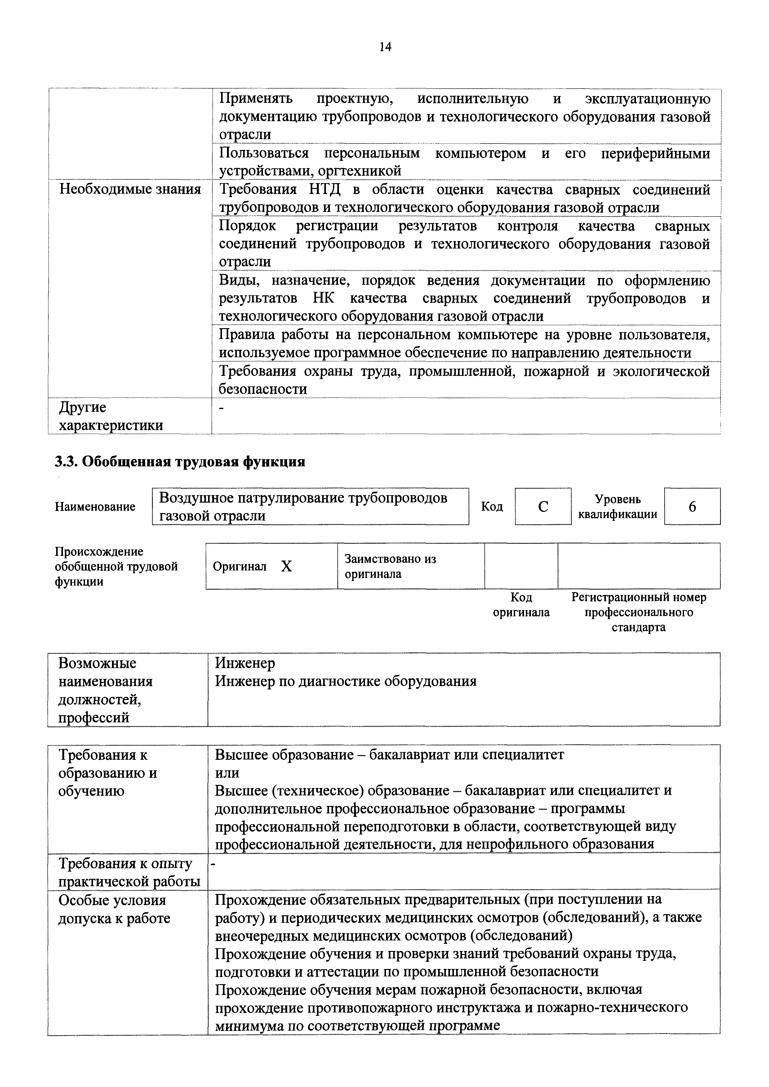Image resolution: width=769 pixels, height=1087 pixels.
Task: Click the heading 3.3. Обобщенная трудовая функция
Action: coord(180,462)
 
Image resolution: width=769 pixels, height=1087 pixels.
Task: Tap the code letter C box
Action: coord(543,507)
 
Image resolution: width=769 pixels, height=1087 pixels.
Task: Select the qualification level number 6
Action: coord(692,507)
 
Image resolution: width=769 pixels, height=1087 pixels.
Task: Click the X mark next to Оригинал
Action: coord(286,566)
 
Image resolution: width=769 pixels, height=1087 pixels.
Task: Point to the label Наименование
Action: coord(95,507)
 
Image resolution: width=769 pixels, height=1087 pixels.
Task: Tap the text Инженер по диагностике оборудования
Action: coord(345,681)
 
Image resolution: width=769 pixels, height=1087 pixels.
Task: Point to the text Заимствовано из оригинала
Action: coord(390,566)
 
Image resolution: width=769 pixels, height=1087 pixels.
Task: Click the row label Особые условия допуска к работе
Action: coord(114,909)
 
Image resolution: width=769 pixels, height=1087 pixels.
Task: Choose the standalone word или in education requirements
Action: coord(227,772)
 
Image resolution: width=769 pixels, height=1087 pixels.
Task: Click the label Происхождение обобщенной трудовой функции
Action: coord(116,566)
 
